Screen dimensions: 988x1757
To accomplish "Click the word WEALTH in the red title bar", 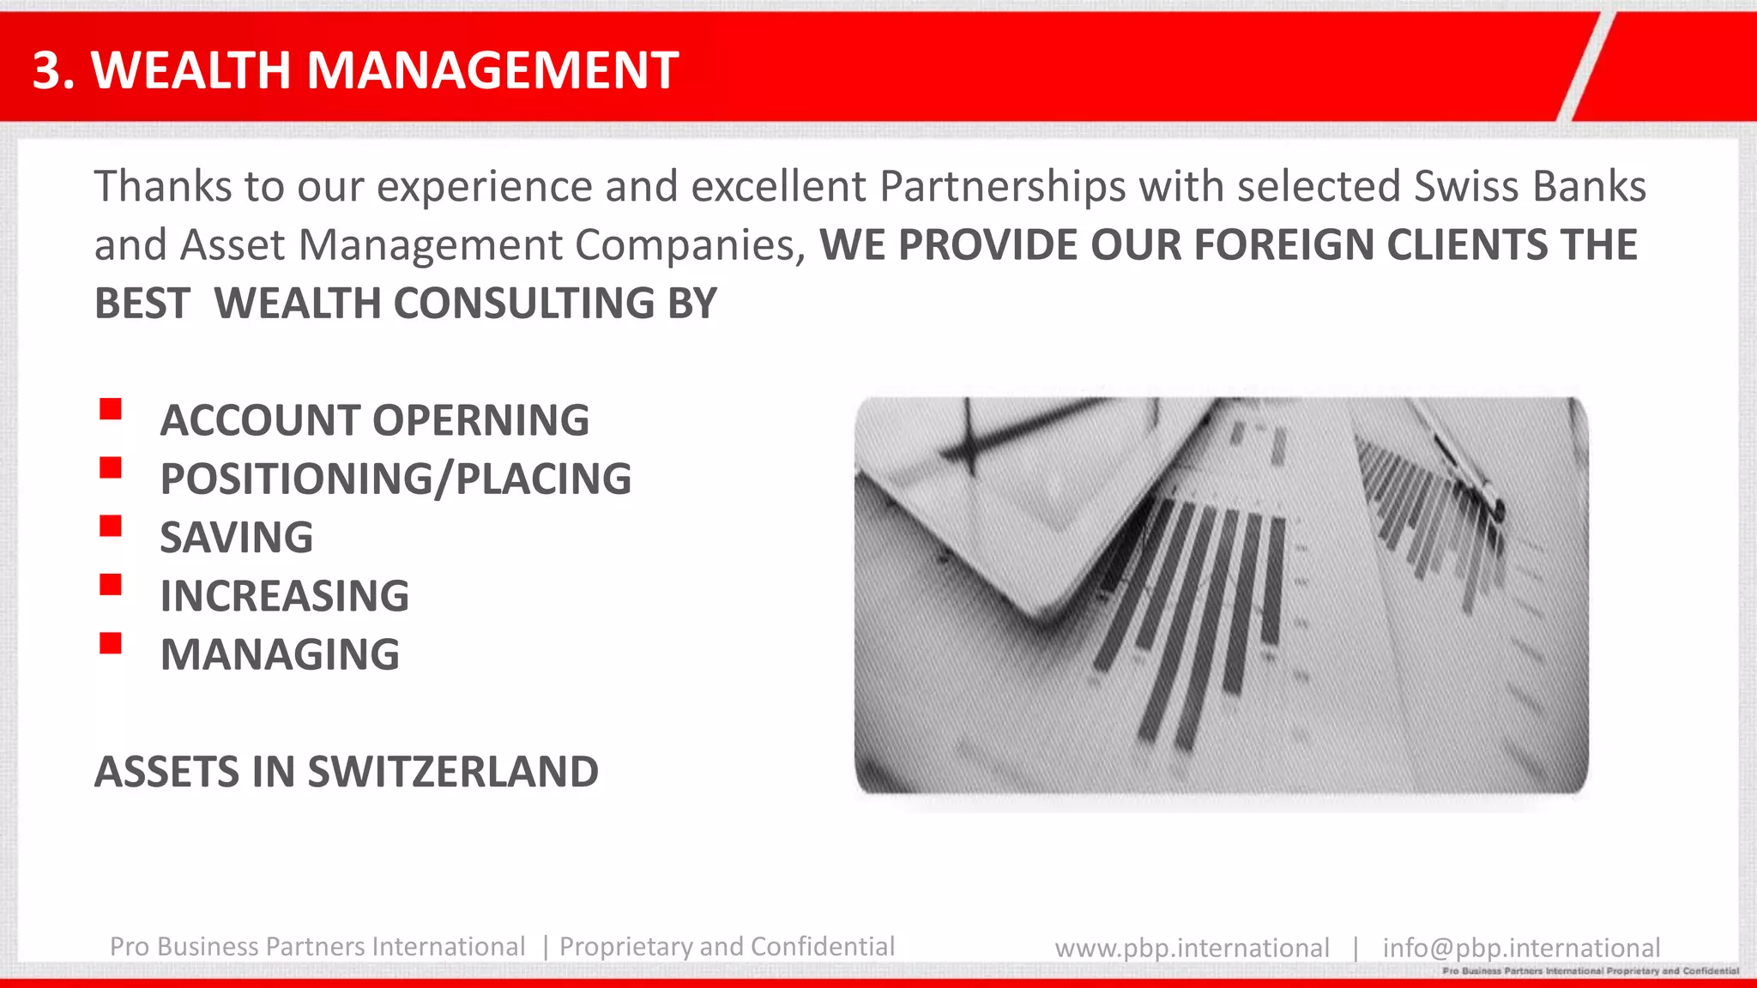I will [190, 69].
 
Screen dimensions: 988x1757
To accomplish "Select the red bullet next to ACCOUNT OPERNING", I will [111, 409].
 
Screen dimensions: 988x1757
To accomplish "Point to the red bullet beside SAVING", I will [111, 526].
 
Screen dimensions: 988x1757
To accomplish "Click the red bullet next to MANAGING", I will [111, 643].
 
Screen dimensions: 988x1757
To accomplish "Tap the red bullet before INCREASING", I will [111, 585].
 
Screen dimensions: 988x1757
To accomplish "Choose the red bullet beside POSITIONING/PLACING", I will [111, 467].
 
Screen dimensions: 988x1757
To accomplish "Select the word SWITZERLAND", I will [453, 771].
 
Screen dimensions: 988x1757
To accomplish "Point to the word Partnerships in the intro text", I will [1003, 186].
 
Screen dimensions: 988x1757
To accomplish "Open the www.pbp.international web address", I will [1192, 948].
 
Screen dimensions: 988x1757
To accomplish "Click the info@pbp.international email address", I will [1521, 948].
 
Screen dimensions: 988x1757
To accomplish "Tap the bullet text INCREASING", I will [285, 596].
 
